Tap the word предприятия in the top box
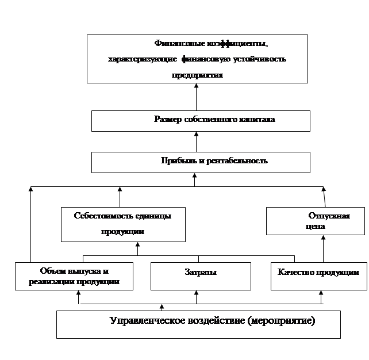[x=197, y=75]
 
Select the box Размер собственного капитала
[x=201, y=121]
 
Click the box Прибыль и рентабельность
[x=201, y=162]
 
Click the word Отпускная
[x=329, y=216]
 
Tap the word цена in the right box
[x=316, y=227]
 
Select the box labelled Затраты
[x=201, y=276]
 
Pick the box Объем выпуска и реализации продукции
[x=74, y=276]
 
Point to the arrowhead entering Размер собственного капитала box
[x=196, y=134]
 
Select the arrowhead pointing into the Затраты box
[x=196, y=293]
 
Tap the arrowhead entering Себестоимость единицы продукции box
[x=137, y=244]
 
